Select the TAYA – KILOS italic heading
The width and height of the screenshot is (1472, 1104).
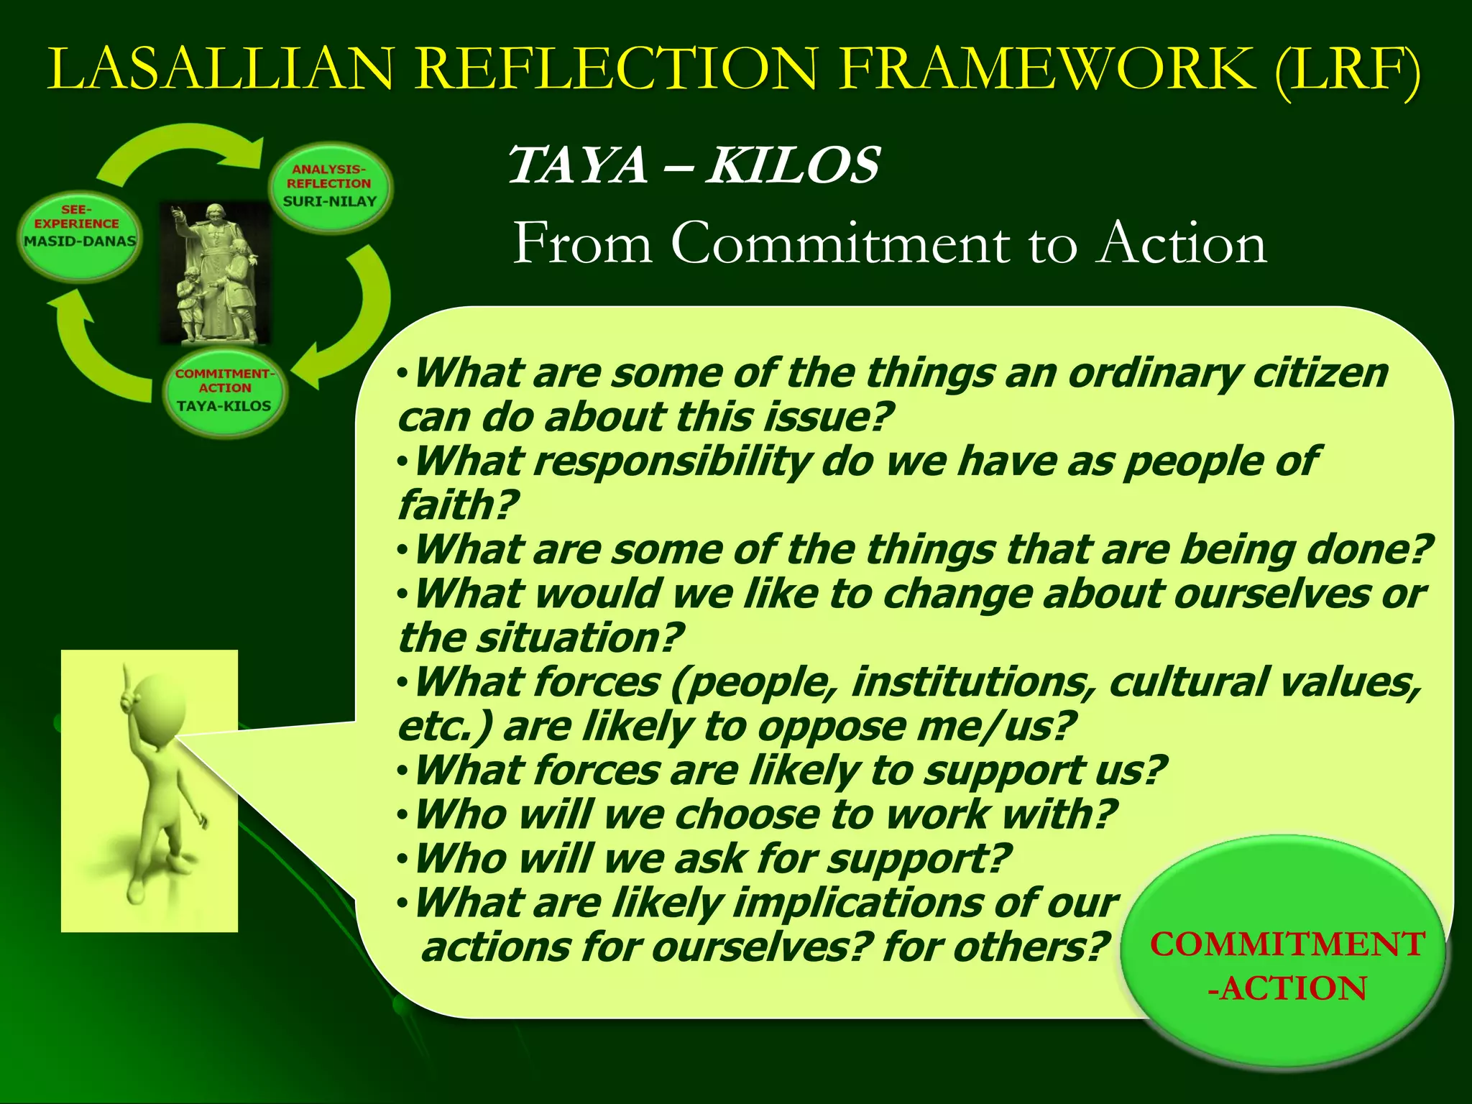click(693, 165)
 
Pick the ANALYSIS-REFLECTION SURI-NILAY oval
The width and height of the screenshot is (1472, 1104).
click(330, 186)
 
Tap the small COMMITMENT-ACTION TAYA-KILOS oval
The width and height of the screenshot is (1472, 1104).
click(224, 392)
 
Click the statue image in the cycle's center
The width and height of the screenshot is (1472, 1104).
click(215, 274)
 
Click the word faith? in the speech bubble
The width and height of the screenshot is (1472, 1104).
click(457, 505)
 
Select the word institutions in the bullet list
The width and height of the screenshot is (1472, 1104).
click(974, 682)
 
